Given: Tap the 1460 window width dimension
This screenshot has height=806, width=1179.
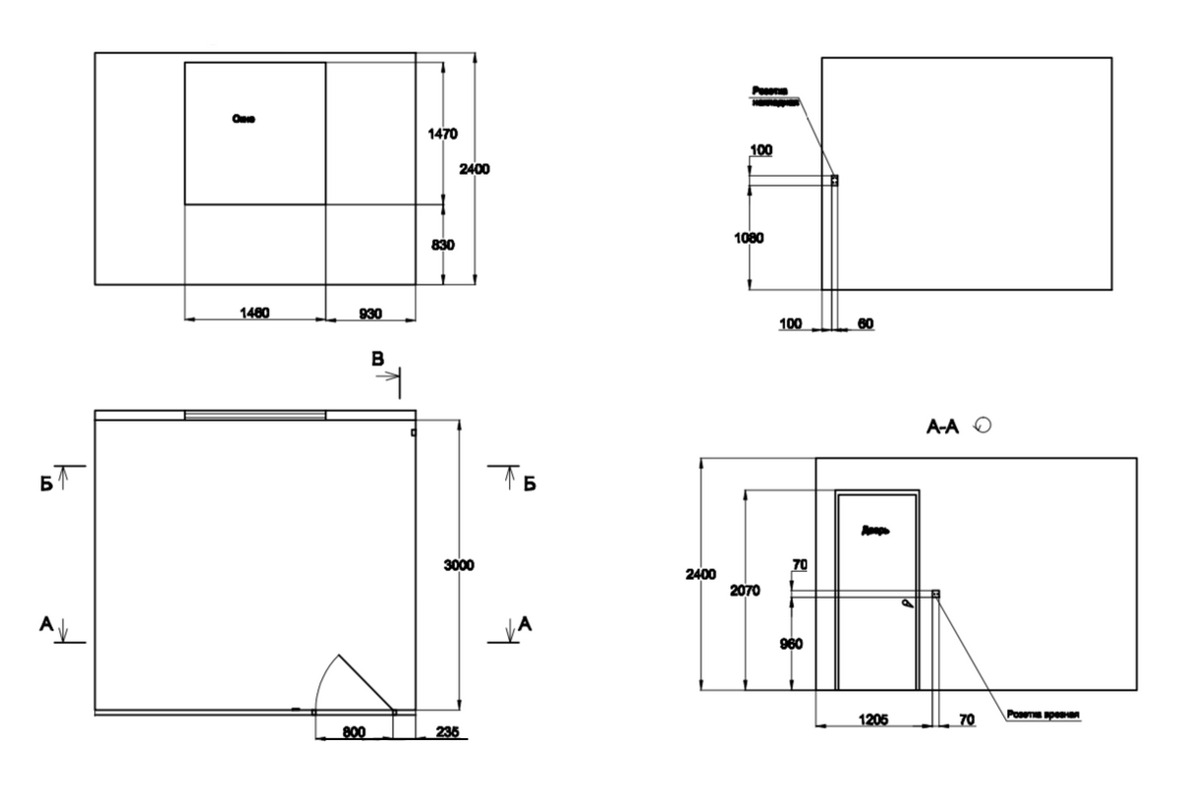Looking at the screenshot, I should (x=254, y=312).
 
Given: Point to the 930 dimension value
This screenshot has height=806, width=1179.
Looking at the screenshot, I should (x=369, y=312).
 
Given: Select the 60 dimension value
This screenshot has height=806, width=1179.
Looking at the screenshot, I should (x=865, y=323).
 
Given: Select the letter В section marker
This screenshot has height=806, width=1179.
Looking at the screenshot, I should (x=377, y=361).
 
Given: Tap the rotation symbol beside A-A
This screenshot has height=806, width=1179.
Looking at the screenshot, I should (x=981, y=425).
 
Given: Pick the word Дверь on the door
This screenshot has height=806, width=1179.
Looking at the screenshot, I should (x=875, y=531).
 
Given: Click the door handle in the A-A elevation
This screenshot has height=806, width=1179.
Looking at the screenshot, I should (x=910, y=604).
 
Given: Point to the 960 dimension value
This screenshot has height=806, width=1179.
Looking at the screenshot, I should (x=791, y=644).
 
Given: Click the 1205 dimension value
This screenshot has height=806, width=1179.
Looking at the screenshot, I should (x=872, y=720).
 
